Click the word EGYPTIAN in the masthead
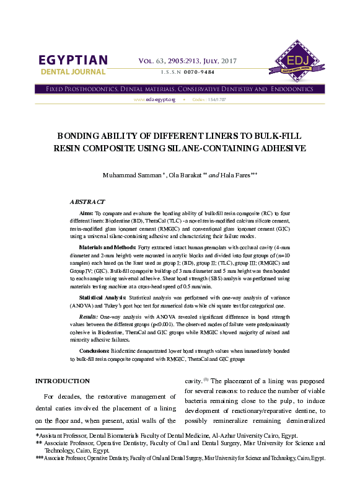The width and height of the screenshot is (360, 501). [x=73, y=60]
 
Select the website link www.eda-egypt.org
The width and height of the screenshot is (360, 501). [x=155, y=99]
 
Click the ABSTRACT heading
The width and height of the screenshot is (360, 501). [x=87, y=202]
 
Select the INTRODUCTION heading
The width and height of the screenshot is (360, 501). [x=63, y=381]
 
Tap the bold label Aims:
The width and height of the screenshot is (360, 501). [x=86, y=212]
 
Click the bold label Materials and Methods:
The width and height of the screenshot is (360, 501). [x=107, y=247]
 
